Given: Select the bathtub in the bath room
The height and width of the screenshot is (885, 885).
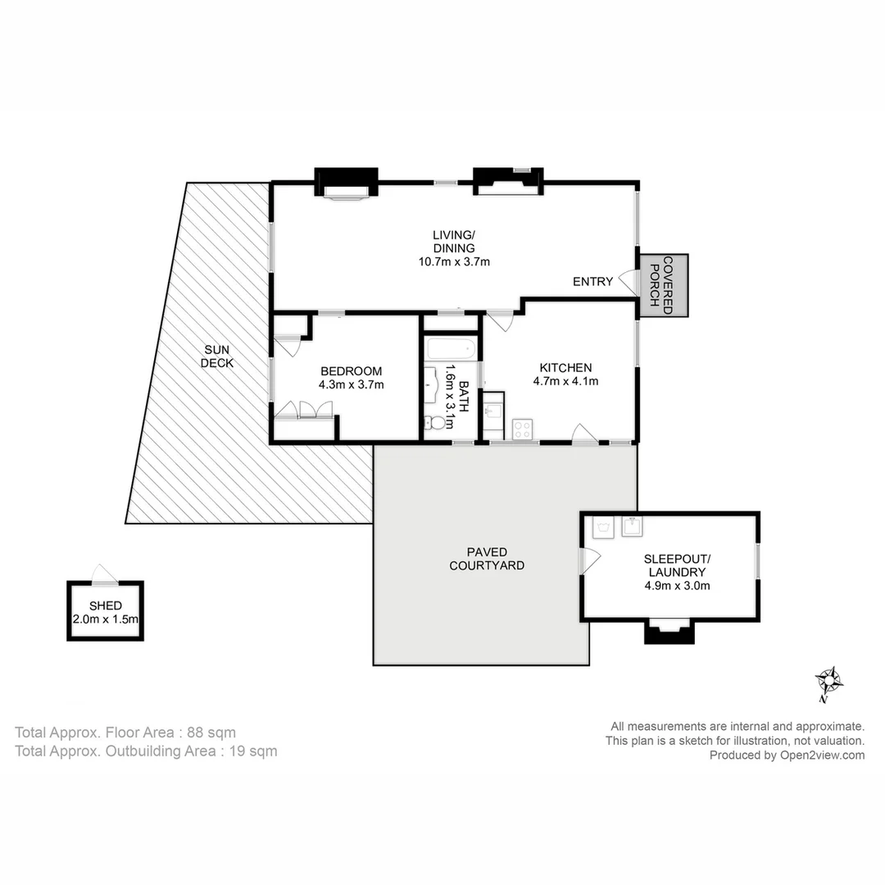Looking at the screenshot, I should (452, 349).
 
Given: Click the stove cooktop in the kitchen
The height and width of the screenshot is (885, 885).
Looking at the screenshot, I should (522, 429).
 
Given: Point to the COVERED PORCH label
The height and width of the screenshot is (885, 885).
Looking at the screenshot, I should (663, 285).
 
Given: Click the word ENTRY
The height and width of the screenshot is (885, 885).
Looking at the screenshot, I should (592, 282).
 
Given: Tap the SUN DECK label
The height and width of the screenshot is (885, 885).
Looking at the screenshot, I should (218, 356).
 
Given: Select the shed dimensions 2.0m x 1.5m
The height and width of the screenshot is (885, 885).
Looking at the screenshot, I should (105, 619).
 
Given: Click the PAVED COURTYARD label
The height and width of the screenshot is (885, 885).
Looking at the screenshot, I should (487, 559).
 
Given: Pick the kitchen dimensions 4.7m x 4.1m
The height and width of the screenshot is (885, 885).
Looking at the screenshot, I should (565, 381).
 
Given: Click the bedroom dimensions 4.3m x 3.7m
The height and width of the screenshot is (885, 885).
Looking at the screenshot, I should (352, 383).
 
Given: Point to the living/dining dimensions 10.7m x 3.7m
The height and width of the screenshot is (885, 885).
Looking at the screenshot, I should (454, 262).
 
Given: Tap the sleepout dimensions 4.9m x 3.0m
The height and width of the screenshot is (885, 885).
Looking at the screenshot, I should (677, 586).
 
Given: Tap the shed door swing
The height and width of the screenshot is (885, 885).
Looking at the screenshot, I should (104, 574).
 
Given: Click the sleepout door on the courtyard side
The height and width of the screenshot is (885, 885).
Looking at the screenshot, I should (589, 560).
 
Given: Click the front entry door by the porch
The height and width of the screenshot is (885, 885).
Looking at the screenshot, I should (630, 282).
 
